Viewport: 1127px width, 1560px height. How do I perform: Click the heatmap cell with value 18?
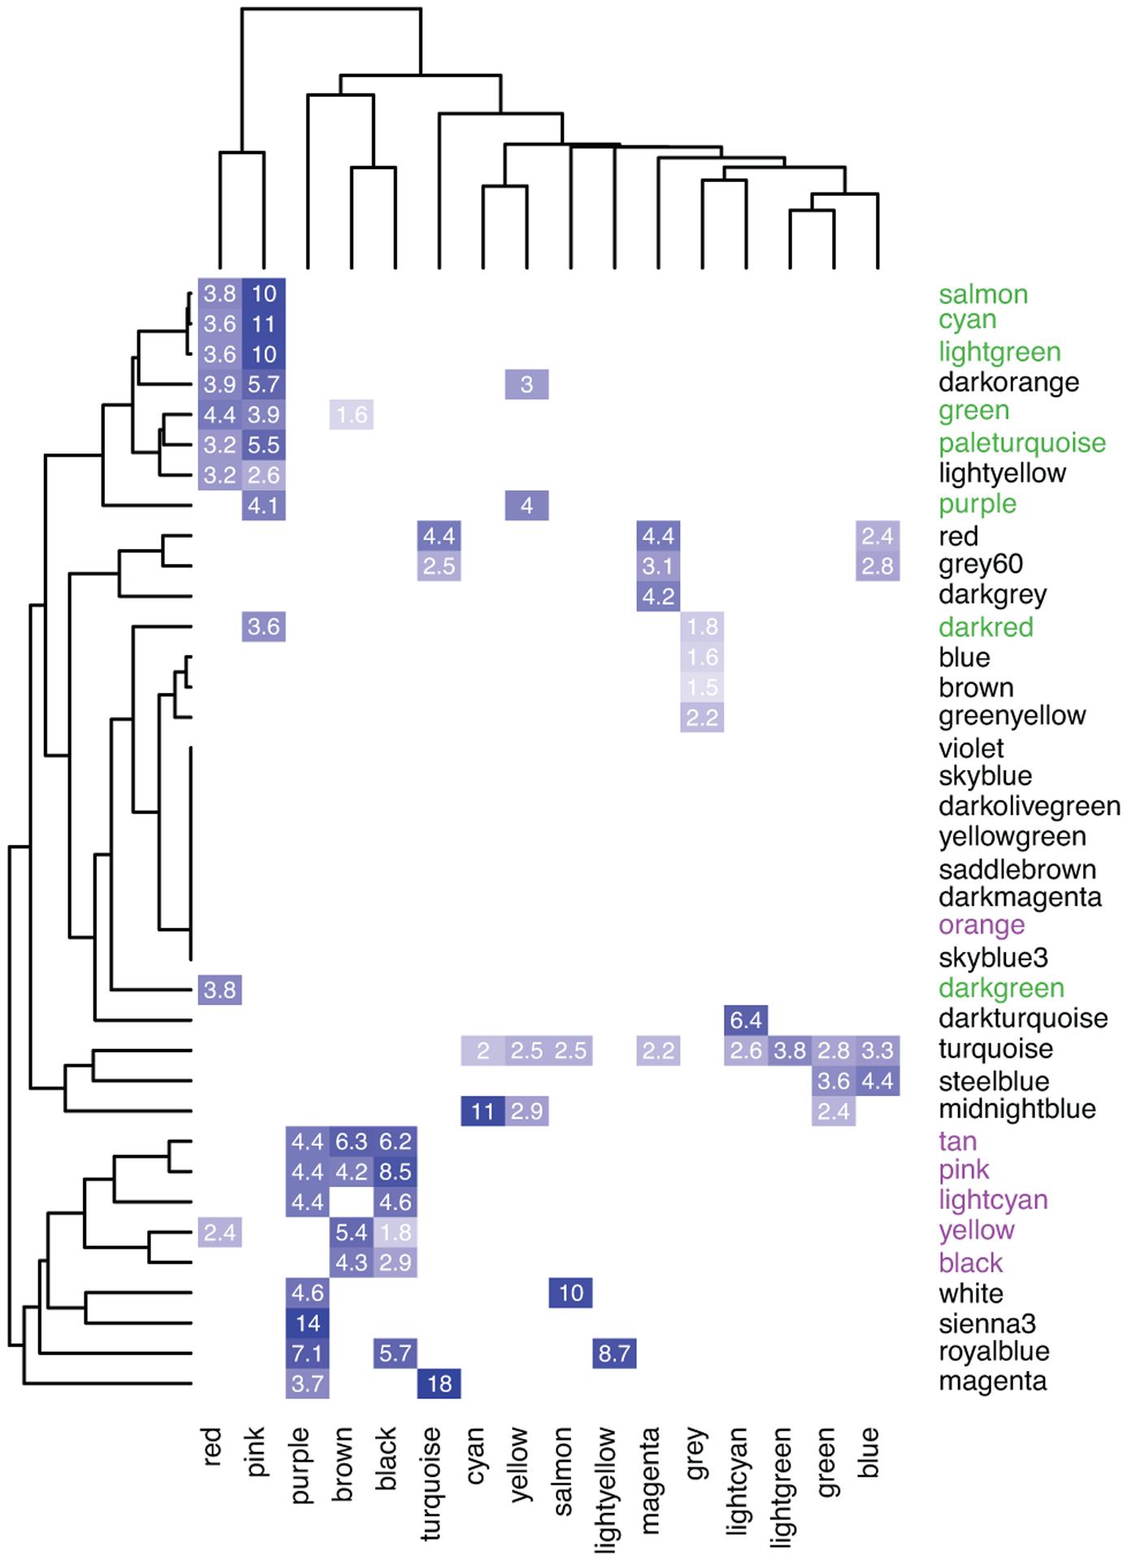click(x=439, y=1384)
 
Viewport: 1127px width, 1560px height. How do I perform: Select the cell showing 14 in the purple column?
click(x=307, y=1324)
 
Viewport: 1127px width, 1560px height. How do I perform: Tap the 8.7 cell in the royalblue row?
click(x=614, y=1354)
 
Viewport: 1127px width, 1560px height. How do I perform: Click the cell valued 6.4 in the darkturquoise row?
click(x=746, y=1019)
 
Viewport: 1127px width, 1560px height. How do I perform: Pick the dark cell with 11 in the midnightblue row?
click(x=483, y=1111)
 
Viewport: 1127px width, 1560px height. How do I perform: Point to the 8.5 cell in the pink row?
click(x=395, y=1172)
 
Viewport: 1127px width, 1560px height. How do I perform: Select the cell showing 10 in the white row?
click(x=570, y=1293)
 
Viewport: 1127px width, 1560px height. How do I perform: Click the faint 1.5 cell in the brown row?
click(x=702, y=687)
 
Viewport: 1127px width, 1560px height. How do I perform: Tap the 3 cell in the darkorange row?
click(x=527, y=384)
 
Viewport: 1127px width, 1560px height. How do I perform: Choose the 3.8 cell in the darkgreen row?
click(x=219, y=990)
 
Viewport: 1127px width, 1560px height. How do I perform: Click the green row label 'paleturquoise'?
click(x=1021, y=444)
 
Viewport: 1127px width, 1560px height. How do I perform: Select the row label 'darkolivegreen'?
click(x=1029, y=807)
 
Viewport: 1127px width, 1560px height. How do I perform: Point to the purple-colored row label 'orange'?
click(x=981, y=925)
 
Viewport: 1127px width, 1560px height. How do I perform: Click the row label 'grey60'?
click(x=980, y=565)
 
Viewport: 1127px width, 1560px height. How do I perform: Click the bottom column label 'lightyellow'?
click(x=607, y=1490)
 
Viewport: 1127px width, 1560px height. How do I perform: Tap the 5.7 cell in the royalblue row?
click(x=395, y=1354)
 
